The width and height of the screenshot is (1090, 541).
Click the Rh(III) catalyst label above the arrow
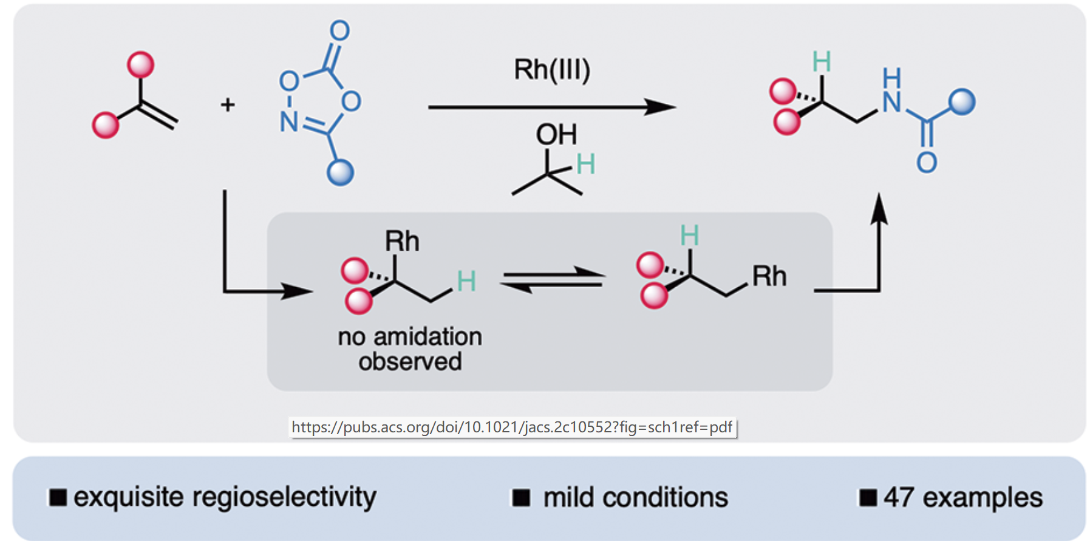pyautogui.click(x=551, y=70)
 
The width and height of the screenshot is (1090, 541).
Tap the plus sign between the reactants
pyautogui.click(x=228, y=105)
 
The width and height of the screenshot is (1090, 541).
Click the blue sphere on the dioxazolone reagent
pyautogui.click(x=340, y=172)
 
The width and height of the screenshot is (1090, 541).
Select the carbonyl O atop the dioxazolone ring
pyautogui.click(x=340, y=30)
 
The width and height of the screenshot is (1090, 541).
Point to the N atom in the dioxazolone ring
pyautogui.click(x=288, y=121)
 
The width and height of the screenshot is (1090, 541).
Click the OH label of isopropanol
pyautogui.click(x=556, y=134)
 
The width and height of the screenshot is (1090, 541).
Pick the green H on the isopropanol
pyautogui.click(x=585, y=164)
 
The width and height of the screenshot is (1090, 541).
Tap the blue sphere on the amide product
pyautogui.click(x=962, y=101)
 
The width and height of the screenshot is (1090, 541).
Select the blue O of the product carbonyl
pyautogui.click(x=927, y=162)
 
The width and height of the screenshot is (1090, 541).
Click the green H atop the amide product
pyautogui.click(x=821, y=62)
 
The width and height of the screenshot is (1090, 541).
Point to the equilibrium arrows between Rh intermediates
pyautogui.click(x=553, y=280)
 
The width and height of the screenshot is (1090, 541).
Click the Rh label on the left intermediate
pyautogui.click(x=402, y=241)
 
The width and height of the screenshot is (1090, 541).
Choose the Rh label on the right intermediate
pyautogui.click(x=769, y=276)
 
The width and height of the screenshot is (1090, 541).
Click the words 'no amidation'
pyautogui.click(x=410, y=336)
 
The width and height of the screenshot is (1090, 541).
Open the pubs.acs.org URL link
pyautogui.click(x=512, y=427)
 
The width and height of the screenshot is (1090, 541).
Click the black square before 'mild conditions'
pyautogui.click(x=521, y=498)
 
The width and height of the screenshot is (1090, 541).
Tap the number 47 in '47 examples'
pyautogui.click(x=898, y=497)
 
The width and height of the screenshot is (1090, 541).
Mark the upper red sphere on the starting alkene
pyautogui.click(x=140, y=64)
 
